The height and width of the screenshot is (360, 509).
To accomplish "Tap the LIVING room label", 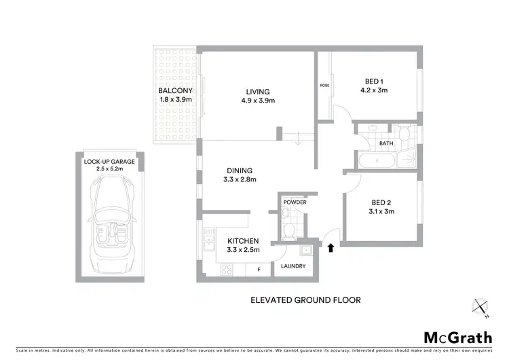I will (258, 92).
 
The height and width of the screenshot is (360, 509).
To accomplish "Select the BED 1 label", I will (370, 79).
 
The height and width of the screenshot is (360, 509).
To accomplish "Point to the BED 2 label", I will (379, 202).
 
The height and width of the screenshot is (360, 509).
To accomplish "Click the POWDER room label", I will (295, 202).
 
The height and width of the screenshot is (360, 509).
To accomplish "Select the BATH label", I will (386, 143).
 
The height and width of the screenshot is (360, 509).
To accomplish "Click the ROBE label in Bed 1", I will (324, 86).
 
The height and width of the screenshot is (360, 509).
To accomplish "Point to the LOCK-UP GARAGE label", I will (109, 162).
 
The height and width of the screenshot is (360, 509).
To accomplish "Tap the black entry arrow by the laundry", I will (331, 248).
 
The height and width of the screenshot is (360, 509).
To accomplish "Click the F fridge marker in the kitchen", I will (259, 269).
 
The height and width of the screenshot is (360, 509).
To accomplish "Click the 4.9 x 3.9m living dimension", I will (258, 101).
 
